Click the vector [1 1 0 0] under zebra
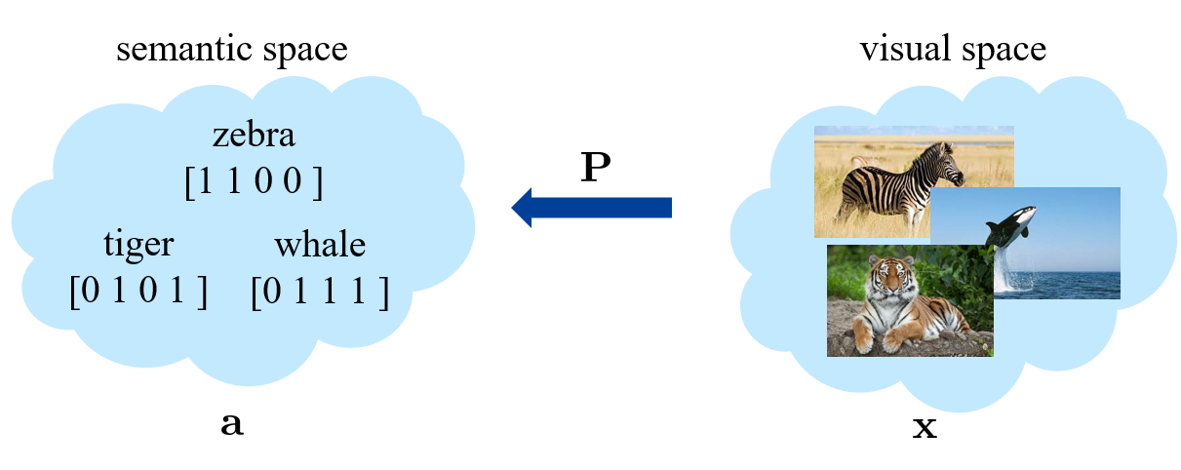254,181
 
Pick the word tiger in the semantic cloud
138,244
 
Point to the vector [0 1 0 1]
138,291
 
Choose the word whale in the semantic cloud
320,244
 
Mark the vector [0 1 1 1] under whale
320,291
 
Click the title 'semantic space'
231,48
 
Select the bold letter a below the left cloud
232,425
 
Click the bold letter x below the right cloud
923,426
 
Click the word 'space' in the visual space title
1003,50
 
